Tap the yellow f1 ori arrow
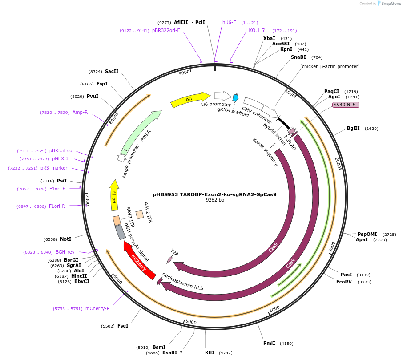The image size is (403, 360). click(114, 195)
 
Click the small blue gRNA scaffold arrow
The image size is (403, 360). click(235, 97)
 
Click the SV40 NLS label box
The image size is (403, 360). click(346, 105)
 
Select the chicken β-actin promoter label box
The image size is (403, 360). click(330, 67)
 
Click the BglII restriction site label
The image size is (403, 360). click(353, 129)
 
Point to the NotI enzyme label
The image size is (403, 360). click(66, 239)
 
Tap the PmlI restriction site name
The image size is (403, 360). click(269, 343)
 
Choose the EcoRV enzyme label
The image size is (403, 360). click(344, 282)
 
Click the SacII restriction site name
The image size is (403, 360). click(112, 71)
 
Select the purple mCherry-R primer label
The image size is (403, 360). click(97, 308)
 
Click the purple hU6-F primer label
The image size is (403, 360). click(229, 22)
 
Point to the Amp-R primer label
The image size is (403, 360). click(80, 113)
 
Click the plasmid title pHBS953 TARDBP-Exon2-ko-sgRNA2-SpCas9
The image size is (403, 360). click(215, 194)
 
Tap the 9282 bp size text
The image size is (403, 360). click(215, 200)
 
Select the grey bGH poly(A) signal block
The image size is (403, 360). click(120, 232)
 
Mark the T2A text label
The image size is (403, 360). click(174, 253)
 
